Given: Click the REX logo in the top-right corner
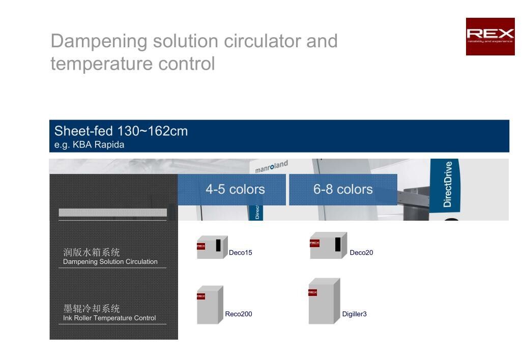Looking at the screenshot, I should [x=490, y=36].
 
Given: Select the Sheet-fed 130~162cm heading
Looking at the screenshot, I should [x=121, y=131].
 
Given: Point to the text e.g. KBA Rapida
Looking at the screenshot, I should [x=89, y=144].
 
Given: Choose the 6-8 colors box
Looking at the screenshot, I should [x=343, y=190].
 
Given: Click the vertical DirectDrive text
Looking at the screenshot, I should [x=447, y=184].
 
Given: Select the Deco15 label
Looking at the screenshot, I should [x=240, y=253].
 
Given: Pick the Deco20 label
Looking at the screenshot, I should [x=361, y=253].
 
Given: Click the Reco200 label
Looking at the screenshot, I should [x=239, y=314].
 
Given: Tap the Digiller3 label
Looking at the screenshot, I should [x=354, y=314].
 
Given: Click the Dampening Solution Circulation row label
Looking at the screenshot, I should [x=110, y=262].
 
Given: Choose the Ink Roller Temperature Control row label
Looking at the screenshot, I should [x=109, y=318].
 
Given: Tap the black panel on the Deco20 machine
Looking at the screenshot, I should [x=338, y=244].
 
